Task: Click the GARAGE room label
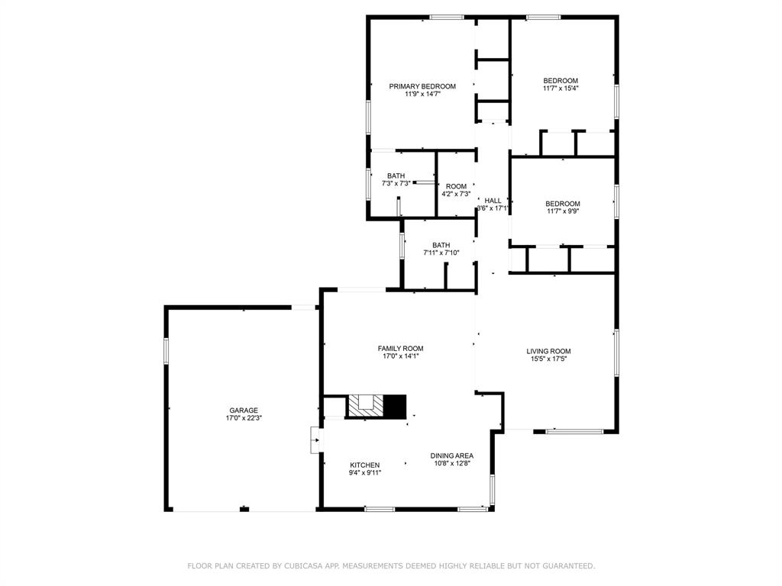tap(244, 410)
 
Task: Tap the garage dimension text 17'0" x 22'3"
tap(244, 418)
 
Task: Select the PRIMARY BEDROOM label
tap(422, 86)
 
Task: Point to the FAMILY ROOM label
tap(400, 348)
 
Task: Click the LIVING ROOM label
tap(548, 351)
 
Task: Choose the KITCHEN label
tap(364, 465)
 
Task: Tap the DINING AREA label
tap(451, 456)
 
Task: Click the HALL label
tap(493, 201)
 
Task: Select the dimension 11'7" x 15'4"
tap(561, 89)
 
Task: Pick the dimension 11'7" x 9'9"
tap(562, 211)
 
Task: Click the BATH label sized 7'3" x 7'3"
tap(396, 175)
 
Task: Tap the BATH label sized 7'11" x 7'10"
tap(441, 245)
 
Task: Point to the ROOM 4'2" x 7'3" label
tap(456, 186)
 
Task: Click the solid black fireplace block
tap(394, 406)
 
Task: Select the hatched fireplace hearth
tap(365, 405)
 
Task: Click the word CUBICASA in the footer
tap(305, 566)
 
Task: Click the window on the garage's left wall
tap(166, 350)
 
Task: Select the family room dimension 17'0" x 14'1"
tap(400, 356)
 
